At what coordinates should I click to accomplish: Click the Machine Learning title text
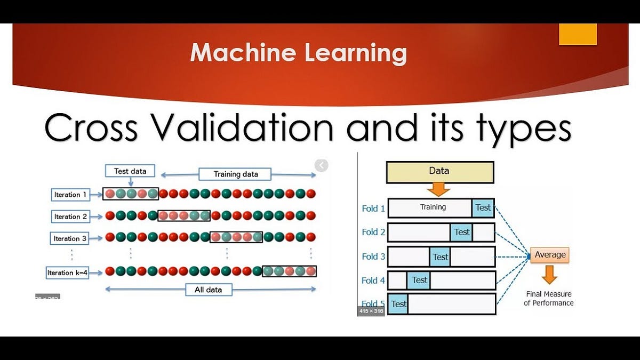click(298, 53)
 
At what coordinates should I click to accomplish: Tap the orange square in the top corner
click(578, 34)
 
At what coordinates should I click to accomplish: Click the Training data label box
click(235, 174)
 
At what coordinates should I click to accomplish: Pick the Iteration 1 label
click(70, 195)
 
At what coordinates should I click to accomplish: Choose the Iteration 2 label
click(70, 217)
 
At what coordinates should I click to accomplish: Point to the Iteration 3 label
click(70, 238)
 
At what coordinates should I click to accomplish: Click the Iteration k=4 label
click(68, 273)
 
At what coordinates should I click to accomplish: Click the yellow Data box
click(439, 172)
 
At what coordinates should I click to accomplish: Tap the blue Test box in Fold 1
click(483, 208)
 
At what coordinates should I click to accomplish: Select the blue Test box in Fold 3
click(440, 257)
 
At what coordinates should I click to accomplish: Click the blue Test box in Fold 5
click(398, 304)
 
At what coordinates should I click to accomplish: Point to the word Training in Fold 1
click(433, 207)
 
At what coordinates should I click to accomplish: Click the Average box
click(549, 255)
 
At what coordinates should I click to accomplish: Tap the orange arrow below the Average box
click(549, 274)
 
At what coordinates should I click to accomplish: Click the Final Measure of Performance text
click(548, 298)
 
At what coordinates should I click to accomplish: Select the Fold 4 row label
click(373, 280)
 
